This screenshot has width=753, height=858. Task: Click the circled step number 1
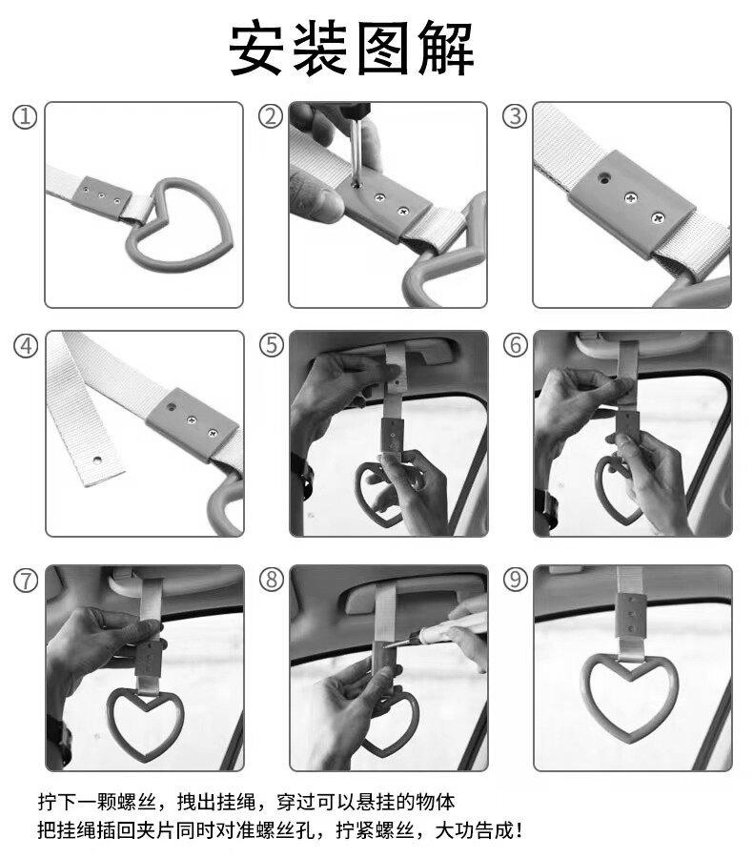click(x=25, y=117)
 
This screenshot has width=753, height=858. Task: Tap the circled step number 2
click(x=271, y=116)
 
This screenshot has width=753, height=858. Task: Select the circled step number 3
click(x=515, y=116)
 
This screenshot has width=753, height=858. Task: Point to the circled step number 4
click(x=26, y=346)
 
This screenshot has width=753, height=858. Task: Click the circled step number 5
click(x=272, y=345)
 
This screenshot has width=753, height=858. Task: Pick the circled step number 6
click(x=516, y=345)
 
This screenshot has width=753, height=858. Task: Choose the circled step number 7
click(x=26, y=580)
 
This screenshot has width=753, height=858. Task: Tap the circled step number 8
click(x=272, y=580)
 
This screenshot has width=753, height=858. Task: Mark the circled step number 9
click(x=516, y=579)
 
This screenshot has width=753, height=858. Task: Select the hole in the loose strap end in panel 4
click(x=97, y=459)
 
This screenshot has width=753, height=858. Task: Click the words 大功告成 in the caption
click(x=475, y=830)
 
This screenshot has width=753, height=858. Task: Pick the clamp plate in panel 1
click(x=102, y=197)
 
